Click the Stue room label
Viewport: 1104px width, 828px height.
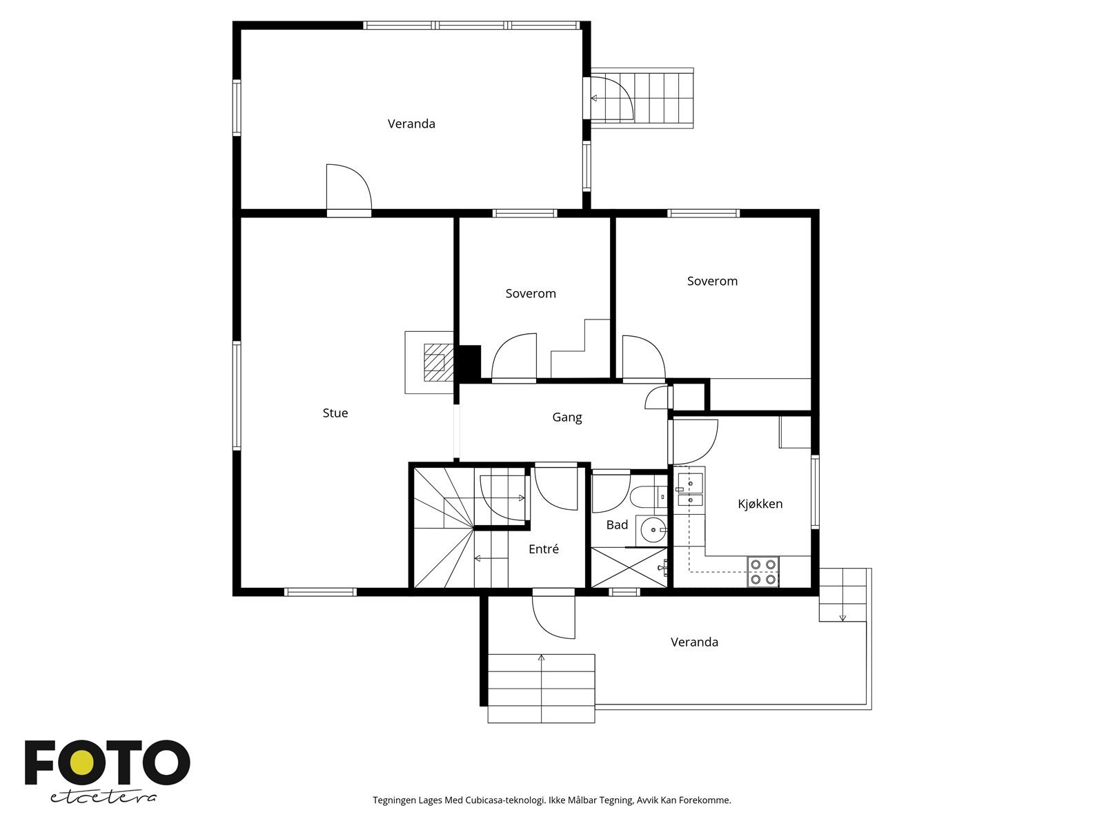[335, 413]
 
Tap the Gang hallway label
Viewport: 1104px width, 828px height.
[567, 417]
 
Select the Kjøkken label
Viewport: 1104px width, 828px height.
[760, 504]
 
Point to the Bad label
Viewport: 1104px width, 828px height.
[617, 525]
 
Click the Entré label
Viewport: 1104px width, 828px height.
[544, 549]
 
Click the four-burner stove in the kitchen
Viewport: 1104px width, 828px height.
[763, 572]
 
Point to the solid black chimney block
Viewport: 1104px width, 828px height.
[469, 362]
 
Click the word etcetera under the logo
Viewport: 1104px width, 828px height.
[103, 798]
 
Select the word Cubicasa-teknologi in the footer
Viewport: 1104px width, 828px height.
[505, 800]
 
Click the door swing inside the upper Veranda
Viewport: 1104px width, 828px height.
[349, 186]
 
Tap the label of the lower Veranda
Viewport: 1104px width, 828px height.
[694, 642]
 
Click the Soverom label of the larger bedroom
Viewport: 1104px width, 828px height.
[712, 281]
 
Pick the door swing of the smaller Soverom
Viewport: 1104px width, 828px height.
[514, 355]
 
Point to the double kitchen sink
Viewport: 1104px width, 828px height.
[690, 489]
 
